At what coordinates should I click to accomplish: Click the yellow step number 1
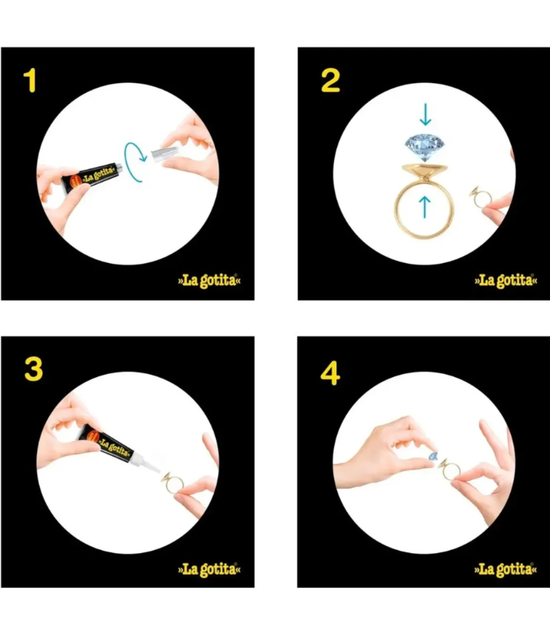click(31, 81)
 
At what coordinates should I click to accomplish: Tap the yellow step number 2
click(330, 81)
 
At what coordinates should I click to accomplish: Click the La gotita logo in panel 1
click(210, 281)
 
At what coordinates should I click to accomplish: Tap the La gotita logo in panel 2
click(506, 281)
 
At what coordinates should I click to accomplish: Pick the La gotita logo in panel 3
click(210, 569)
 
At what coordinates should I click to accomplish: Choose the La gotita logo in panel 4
click(506, 569)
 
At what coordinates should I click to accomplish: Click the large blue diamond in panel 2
click(425, 148)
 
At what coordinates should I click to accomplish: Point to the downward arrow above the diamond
click(425, 114)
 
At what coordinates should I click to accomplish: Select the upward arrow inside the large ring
click(425, 207)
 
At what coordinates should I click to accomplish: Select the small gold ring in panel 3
click(173, 483)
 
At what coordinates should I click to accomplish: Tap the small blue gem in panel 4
click(433, 457)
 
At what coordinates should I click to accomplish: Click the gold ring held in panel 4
click(449, 470)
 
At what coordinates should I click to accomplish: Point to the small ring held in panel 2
click(480, 197)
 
